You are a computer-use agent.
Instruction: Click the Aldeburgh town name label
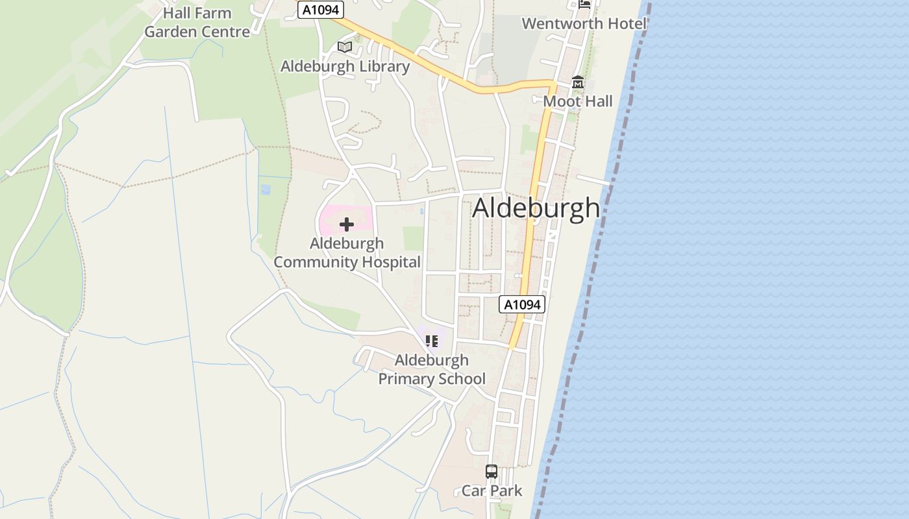[536, 208]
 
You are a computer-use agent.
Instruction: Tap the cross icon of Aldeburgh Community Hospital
[347, 224]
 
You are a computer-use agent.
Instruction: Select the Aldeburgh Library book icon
[345, 47]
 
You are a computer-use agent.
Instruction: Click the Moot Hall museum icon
[578, 82]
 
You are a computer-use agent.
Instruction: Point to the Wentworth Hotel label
[584, 24]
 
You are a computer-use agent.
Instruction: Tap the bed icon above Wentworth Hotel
[584, 4]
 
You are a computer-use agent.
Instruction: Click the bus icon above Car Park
[492, 472]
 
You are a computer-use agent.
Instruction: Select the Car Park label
[492, 491]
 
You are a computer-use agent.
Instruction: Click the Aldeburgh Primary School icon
[432, 341]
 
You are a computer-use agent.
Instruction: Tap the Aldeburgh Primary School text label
[432, 370]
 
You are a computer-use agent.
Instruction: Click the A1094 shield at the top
[320, 10]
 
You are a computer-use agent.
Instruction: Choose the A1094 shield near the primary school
[521, 304]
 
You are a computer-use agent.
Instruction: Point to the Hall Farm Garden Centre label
[197, 23]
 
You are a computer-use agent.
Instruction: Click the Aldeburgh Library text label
[345, 67]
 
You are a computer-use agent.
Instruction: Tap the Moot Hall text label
[578, 102]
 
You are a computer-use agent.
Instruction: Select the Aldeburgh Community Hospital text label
[347, 253]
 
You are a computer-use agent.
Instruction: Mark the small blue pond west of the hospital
[265, 189]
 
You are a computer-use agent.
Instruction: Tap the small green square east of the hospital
[413, 238]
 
